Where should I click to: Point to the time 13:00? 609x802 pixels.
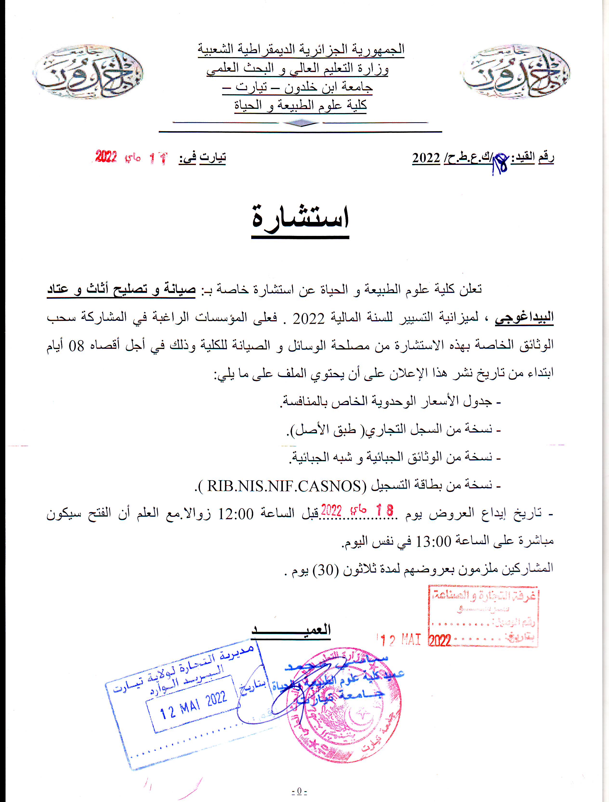(x=433, y=542)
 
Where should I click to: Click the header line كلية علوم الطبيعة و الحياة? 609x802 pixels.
(x=300, y=105)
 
